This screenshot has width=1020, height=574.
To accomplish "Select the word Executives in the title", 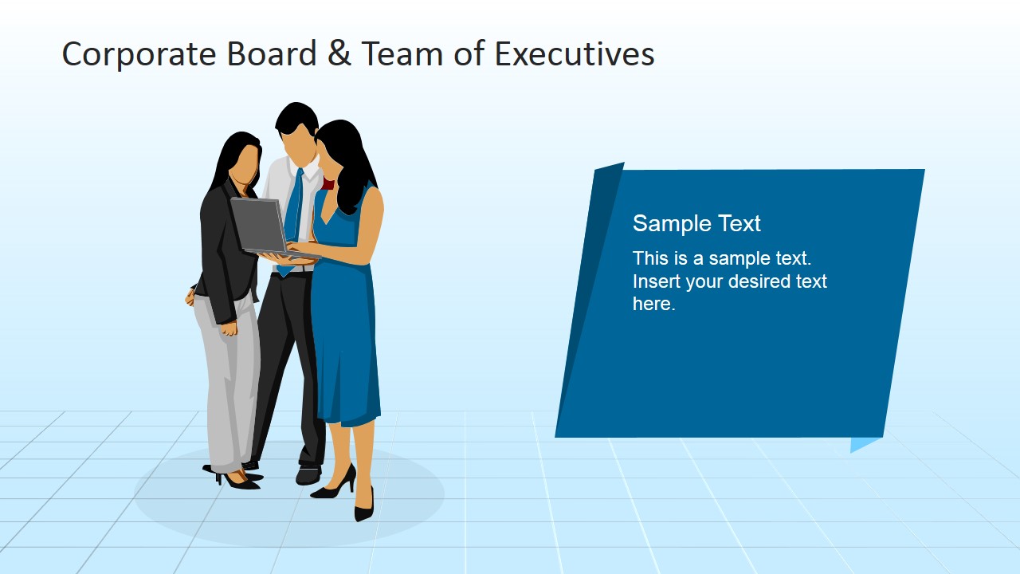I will click(574, 54).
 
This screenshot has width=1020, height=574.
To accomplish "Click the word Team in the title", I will click(394, 54).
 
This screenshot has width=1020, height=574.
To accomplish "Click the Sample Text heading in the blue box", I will click(696, 224).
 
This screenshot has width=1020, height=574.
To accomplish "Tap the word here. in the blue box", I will click(653, 304).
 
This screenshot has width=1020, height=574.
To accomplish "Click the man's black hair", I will click(296, 117).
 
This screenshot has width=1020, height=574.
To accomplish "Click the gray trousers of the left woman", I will click(227, 383).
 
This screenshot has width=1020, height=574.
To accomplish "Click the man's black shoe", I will click(308, 475).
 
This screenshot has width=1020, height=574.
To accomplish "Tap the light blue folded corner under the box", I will click(864, 443).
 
